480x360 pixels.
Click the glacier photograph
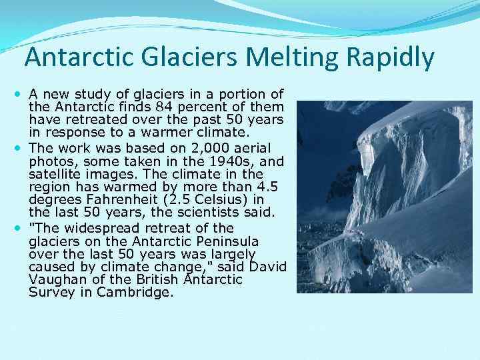pos(383,197)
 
